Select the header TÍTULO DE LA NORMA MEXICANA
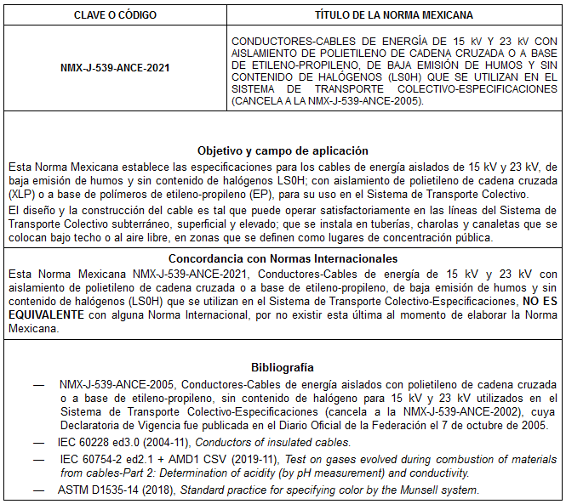tap(394, 15)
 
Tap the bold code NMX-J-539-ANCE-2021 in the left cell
tap(116, 69)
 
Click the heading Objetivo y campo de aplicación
tap(283, 150)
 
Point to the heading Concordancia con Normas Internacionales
tap(283, 258)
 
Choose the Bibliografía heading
tap(283, 367)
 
